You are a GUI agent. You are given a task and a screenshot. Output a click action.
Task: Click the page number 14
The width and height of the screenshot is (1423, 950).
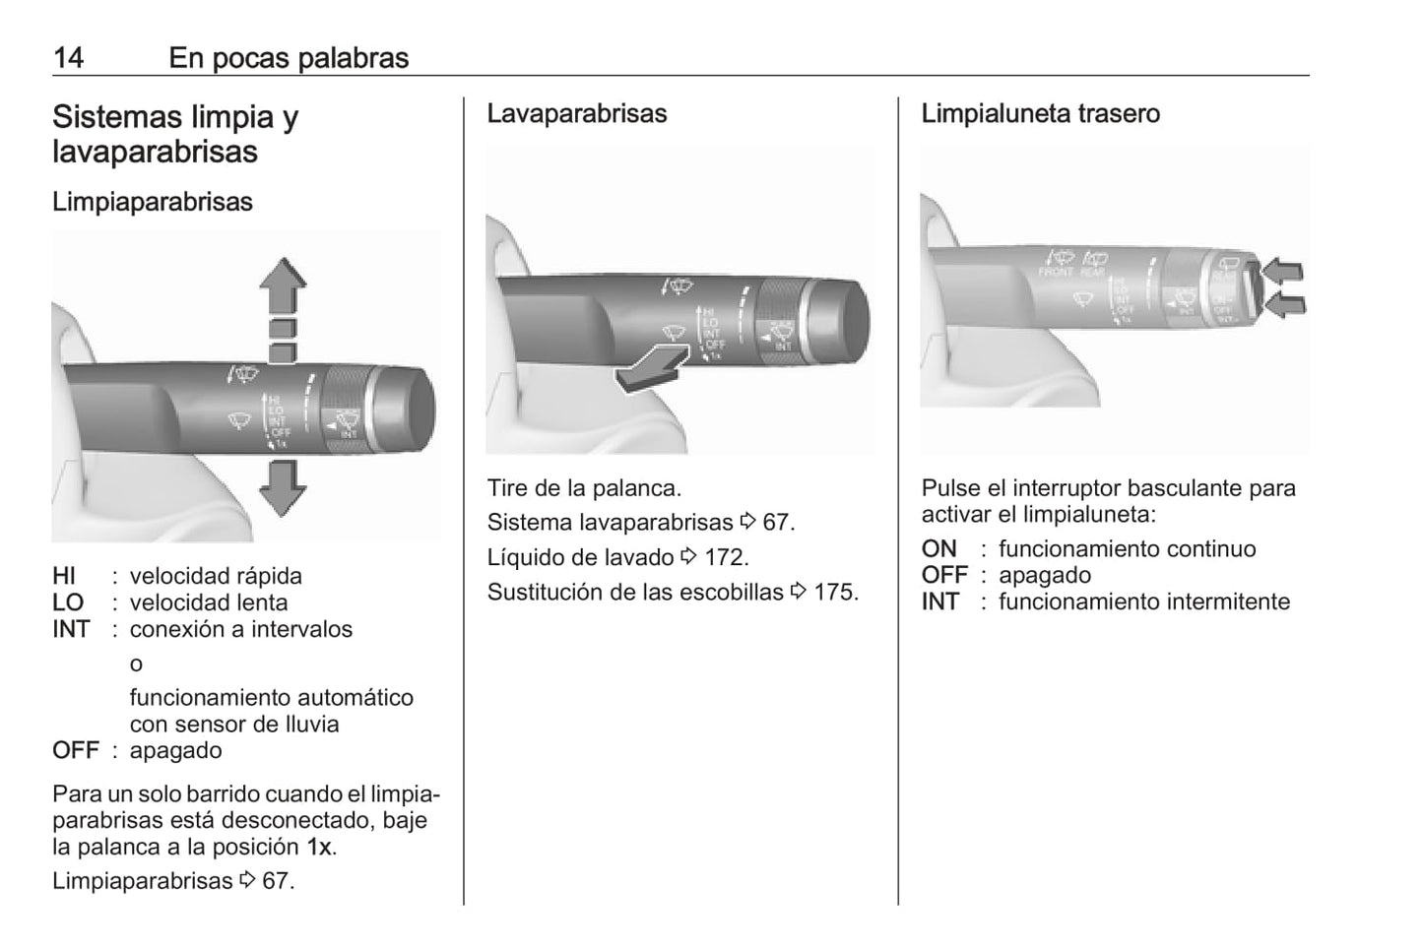[68, 58]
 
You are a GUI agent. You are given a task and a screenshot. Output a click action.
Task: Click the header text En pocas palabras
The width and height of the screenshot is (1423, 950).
[289, 58]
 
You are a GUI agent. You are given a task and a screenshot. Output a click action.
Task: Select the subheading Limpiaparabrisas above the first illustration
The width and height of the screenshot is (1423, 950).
[153, 202]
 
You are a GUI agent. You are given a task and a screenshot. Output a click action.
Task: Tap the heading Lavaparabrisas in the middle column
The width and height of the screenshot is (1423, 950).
[577, 113]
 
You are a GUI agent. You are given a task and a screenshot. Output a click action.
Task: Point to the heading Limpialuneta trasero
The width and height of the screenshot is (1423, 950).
[1041, 113]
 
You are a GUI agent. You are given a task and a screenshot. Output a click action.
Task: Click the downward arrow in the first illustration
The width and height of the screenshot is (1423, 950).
[283, 487]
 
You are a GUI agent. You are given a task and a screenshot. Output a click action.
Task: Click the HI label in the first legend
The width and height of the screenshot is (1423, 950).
[65, 576]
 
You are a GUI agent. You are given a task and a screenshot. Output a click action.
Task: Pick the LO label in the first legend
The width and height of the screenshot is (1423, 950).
[68, 602]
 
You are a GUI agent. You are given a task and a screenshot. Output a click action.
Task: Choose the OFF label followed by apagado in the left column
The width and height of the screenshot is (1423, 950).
[76, 750]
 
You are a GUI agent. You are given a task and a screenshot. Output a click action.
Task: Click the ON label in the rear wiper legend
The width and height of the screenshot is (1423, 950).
[939, 548]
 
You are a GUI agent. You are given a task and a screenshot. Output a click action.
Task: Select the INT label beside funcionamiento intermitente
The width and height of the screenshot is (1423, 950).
[940, 602]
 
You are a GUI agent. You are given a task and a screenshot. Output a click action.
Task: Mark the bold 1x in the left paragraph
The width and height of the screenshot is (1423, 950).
[319, 847]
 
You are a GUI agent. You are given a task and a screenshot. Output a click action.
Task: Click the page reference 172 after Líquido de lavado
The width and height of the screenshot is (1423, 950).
[726, 557]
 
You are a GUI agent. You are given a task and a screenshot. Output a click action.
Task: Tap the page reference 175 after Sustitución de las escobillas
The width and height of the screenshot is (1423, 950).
[835, 592]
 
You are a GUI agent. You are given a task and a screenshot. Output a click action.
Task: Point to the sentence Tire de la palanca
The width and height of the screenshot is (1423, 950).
[584, 487]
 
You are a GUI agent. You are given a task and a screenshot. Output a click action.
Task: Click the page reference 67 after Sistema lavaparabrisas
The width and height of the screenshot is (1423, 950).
[777, 522]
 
